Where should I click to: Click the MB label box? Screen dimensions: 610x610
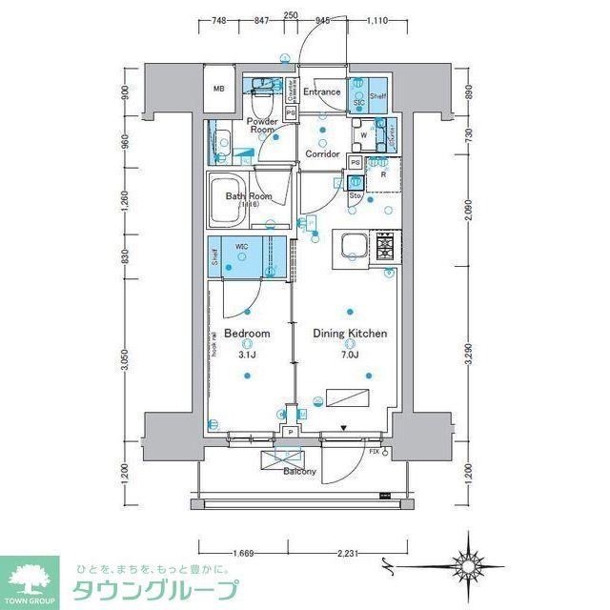pyautogui.click(x=219, y=90)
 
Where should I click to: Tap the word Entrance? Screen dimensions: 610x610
pyautogui.click(x=322, y=92)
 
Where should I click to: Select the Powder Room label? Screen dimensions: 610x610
pyautogui.click(x=262, y=126)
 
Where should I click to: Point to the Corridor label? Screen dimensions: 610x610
pyautogui.click(x=322, y=153)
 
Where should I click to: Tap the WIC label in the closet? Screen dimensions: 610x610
pyautogui.click(x=243, y=246)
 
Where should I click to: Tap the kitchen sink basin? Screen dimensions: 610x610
pyautogui.click(x=352, y=246)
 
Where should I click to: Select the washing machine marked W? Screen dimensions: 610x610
pyautogui.click(x=363, y=134)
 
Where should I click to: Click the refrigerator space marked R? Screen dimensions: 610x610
pyautogui.click(x=383, y=173)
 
